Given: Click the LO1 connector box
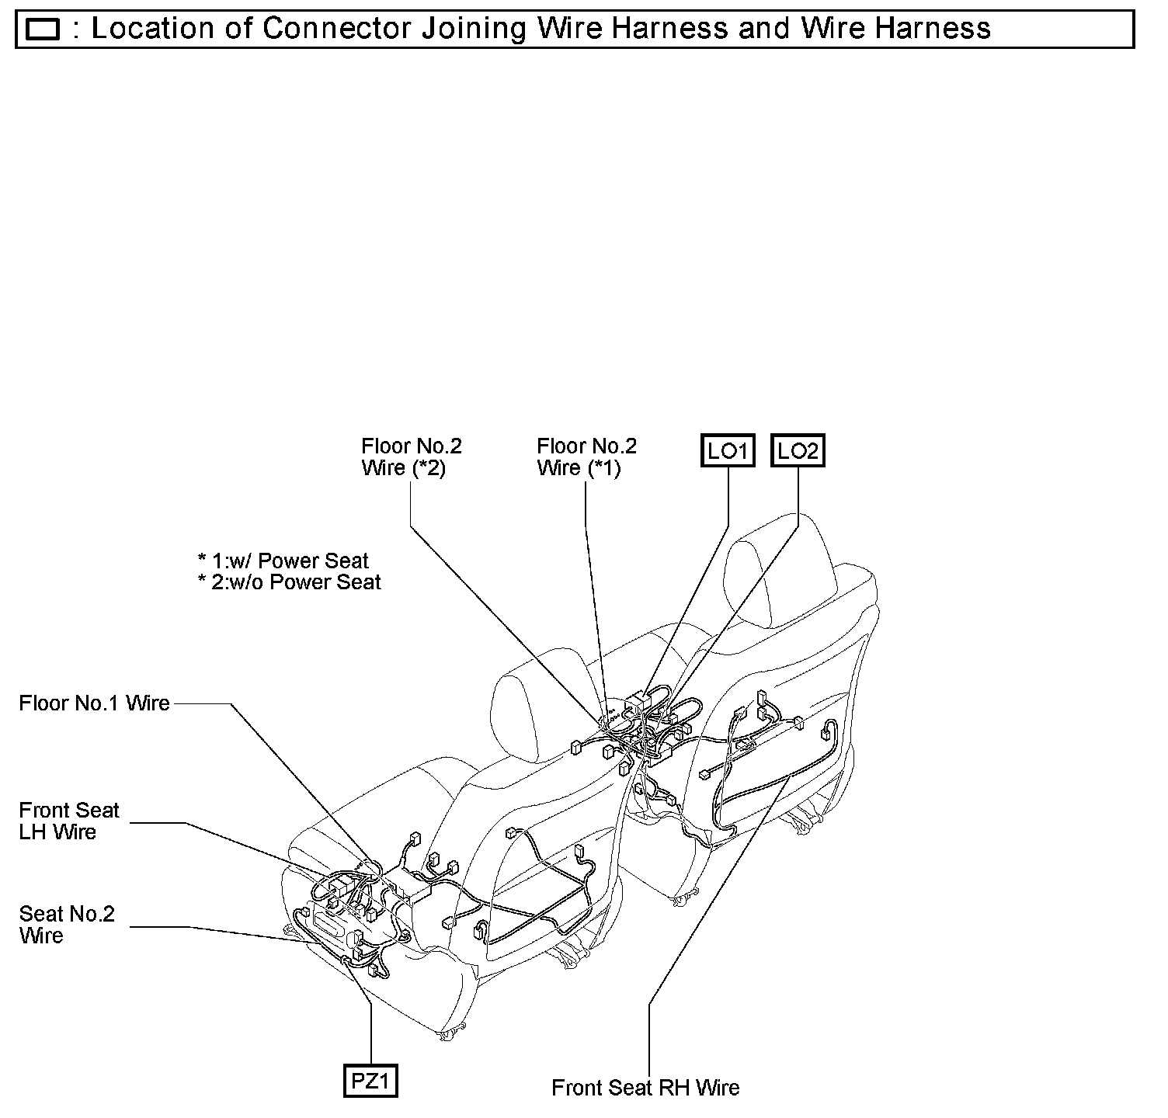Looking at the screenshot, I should (728, 450).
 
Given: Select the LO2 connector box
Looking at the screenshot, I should (798, 450).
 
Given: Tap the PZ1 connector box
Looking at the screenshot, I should (370, 1081).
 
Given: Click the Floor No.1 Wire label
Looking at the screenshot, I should (94, 703).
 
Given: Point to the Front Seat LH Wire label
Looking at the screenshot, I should (69, 821).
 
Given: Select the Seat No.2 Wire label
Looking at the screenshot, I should (67, 925).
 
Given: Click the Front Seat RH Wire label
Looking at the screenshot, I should (645, 1088).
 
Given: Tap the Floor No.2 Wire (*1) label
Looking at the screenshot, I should (586, 457).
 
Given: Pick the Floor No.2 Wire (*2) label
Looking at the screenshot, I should (411, 457).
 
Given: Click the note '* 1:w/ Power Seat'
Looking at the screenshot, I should (283, 561).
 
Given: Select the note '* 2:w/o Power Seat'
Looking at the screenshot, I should (289, 582).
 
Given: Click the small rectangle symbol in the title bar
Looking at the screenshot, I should (43, 30).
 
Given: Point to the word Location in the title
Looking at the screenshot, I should (152, 29).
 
